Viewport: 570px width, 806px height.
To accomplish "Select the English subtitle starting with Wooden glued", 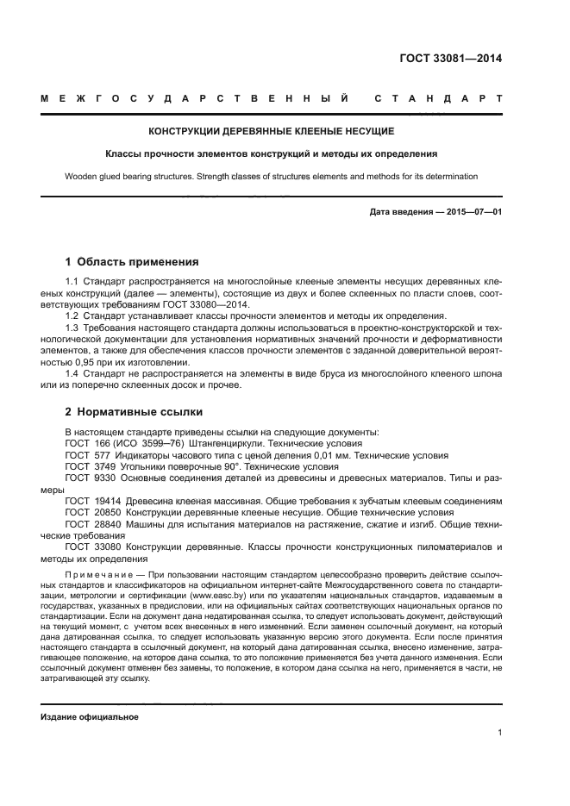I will coord(272,177).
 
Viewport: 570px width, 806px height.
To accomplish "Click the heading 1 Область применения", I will coord(132,261).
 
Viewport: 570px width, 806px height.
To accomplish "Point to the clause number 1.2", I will coord(72,316).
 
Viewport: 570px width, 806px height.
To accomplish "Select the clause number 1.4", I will coord(72,372).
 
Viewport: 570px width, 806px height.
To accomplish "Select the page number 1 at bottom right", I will coord(499,733).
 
